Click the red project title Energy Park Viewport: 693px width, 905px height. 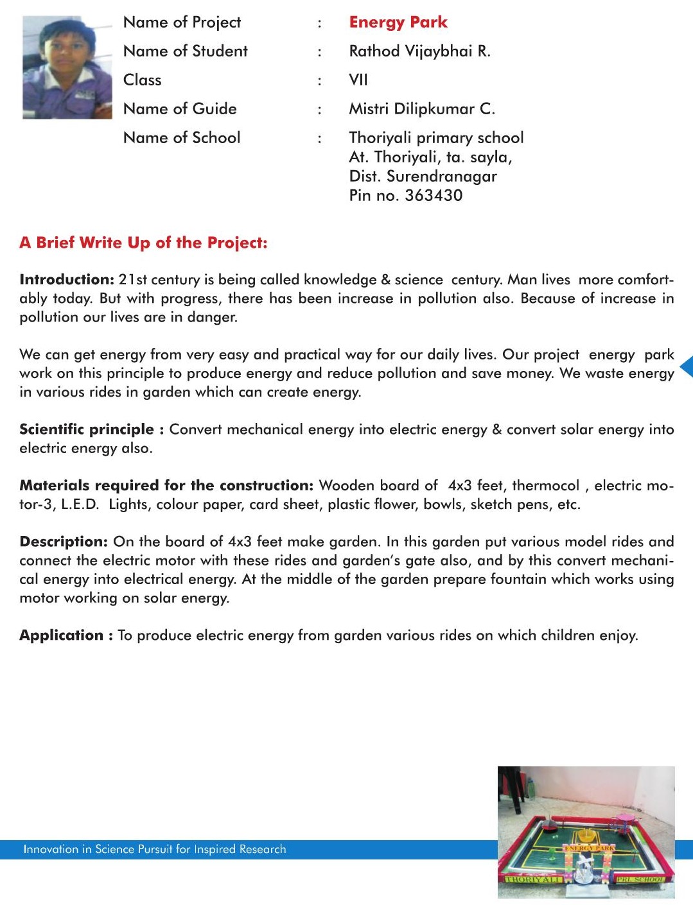pyautogui.click(x=398, y=22)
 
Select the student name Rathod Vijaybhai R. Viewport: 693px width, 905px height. pyautogui.click(x=419, y=51)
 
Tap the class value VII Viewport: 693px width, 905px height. pyautogui.click(x=358, y=80)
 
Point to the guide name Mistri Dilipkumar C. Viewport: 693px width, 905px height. pyautogui.click(x=422, y=109)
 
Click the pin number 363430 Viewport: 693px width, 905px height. pyautogui.click(x=434, y=196)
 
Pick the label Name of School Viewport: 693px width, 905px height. pyautogui.click(x=182, y=138)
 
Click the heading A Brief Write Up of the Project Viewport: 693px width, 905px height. pyautogui.click(x=143, y=243)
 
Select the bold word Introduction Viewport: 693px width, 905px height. pyautogui.click(x=67, y=280)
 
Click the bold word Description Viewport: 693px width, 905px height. pyautogui.click(x=64, y=542)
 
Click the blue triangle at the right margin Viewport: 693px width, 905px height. pyautogui.click(x=687, y=366)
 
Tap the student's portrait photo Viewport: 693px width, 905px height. pyautogui.click(x=67, y=67)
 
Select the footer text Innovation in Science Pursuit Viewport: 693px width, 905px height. pyautogui.click(x=154, y=849)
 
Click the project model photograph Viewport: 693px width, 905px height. pyautogui.click(x=586, y=832)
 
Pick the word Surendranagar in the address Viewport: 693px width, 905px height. pyautogui.click(x=442, y=177)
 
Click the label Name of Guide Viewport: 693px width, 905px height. pyautogui.click(x=180, y=109)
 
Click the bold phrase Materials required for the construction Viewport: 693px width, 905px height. pyautogui.click(x=166, y=486)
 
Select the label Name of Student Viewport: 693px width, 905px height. pyautogui.click(x=185, y=51)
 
